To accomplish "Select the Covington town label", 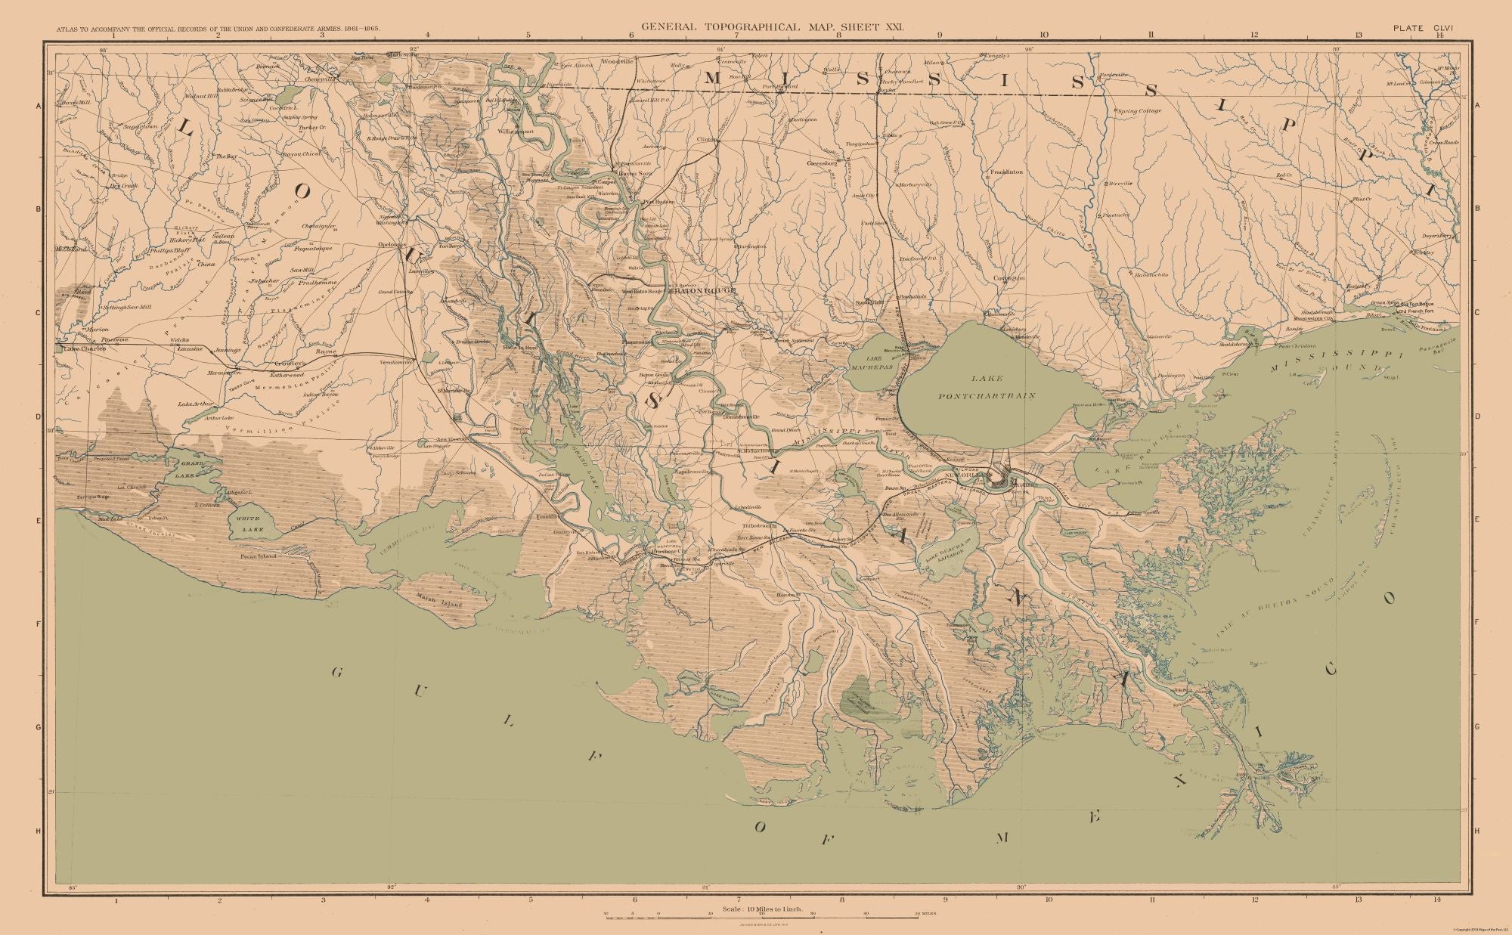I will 1009,278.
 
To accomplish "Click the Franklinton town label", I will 1005,172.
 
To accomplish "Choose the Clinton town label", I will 706,140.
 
